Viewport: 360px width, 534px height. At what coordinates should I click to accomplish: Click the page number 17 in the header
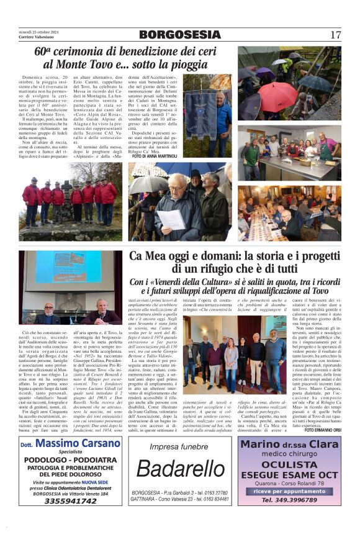tap(335, 35)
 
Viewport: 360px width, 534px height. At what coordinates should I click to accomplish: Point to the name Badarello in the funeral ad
tap(179, 470)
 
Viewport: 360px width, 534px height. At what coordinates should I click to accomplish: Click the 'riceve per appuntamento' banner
tap(289, 491)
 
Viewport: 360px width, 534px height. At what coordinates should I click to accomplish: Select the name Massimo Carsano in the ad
tap(75, 445)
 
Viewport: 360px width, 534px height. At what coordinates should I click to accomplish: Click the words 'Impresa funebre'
tap(179, 446)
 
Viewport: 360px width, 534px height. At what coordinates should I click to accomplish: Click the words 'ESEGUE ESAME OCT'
tap(289, 474)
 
